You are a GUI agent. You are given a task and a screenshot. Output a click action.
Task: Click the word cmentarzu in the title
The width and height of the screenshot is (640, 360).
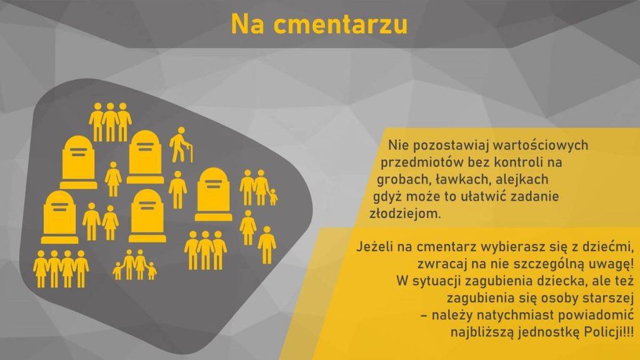coord(341,24)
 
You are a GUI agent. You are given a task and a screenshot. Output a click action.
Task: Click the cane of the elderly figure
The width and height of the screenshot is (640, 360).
coord(190,154)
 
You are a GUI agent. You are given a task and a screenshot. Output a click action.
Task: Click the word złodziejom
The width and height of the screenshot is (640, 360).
coord(405,214)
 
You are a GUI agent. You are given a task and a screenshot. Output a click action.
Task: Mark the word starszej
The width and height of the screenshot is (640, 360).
coord(607,298)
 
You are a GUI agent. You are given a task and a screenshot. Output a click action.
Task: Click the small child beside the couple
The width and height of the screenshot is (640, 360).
coord(273,197)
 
